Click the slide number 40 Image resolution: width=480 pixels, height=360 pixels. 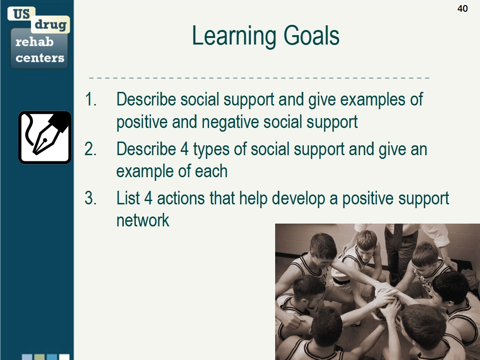click(x=462, y=8)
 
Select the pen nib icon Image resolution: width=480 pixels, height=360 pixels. click(x=45, y=137)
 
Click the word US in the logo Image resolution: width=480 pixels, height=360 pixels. click(x=21, y=14)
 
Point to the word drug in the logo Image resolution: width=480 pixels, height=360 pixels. click(x=51, y=24)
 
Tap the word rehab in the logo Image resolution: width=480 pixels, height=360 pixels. click(x=34, y=42)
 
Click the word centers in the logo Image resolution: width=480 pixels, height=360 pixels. click(x=40, y=58)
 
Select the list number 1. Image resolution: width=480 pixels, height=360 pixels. click(x=90, y=99)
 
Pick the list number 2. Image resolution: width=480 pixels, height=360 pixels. click(x=90, y=149)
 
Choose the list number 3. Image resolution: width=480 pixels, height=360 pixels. click(x=90, y=198)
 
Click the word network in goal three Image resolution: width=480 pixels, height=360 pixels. click(x=142, y=220)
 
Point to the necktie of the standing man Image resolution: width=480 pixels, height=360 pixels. click(x=398, y=236)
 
